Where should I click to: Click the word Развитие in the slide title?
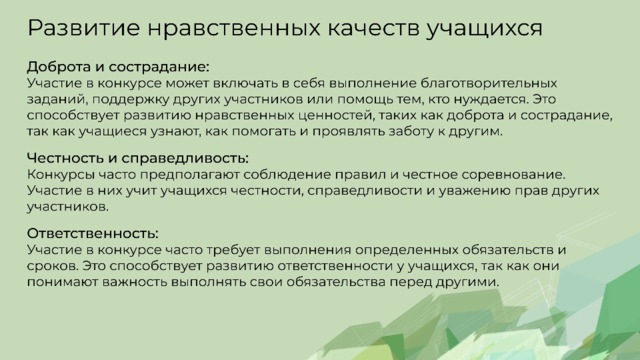(84, 28)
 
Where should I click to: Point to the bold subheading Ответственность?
(93, 233)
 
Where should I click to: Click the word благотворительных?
(489, 83)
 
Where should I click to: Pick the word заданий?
(57, 99)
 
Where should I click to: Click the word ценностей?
(336, 116)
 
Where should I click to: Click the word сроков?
(53, 266)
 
